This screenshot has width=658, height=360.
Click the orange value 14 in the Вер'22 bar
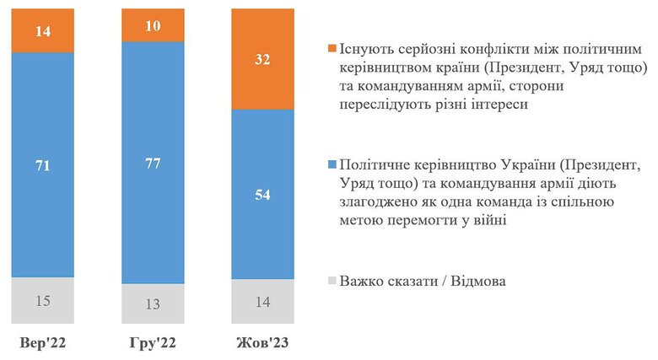pyautogui.click(x=42, y=30)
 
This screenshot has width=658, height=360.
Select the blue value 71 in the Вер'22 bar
pyautogui.click(x=42, y=166)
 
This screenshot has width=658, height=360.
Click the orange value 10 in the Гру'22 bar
pyautogui.click(x=153, y=24)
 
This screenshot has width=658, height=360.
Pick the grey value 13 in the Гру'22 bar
pyautogui.click(x=153, y=304)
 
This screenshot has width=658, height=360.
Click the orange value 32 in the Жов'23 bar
pyautogui.click(x=262, y=59)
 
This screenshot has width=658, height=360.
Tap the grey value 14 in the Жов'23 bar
pyautogui.click(x=262, y=302)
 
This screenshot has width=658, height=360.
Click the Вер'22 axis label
pyautogui.click(x=42, y=344)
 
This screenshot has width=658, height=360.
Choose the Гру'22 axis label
pyautogui.click(x=153, y=344)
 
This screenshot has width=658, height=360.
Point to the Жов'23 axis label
pyautogui.click(x=262, y=344)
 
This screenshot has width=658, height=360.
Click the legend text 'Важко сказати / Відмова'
pyautogui.click(x=422, y=281)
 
